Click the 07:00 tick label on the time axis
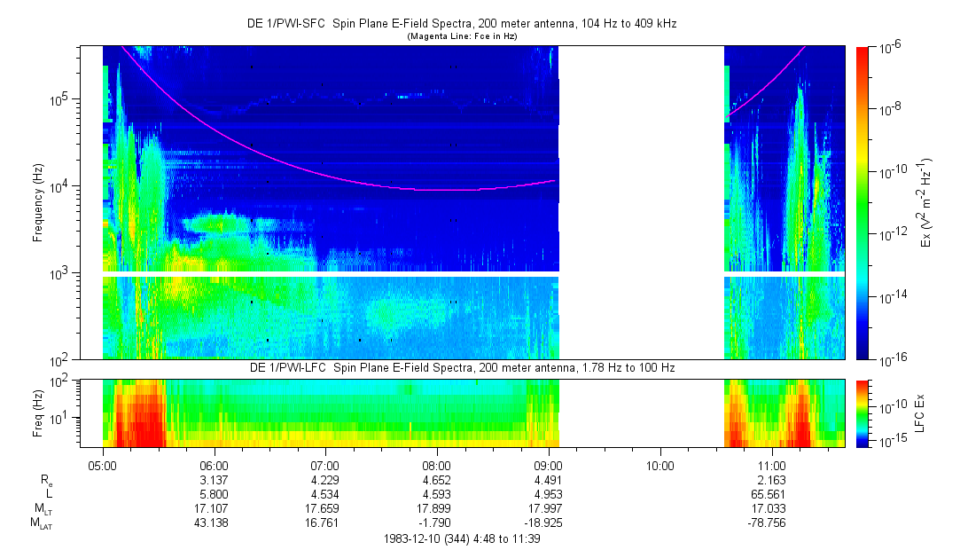pos(325,465)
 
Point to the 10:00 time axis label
pos(660,465)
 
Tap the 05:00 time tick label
pos(103,465)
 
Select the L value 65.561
pos(771,494)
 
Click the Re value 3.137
pos(215,480)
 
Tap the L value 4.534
pos(325,494)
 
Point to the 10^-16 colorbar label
pos(891,358)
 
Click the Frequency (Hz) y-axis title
pos(38,202)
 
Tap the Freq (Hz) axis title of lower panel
pos(38,412)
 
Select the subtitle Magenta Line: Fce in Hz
pos(462,36)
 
